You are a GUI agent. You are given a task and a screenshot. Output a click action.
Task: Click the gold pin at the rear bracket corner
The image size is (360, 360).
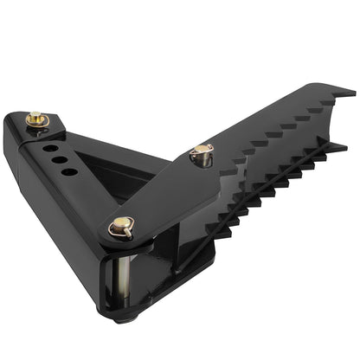coord(36,119)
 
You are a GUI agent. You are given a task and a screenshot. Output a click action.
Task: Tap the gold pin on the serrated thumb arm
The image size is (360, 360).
coord(202,154)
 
